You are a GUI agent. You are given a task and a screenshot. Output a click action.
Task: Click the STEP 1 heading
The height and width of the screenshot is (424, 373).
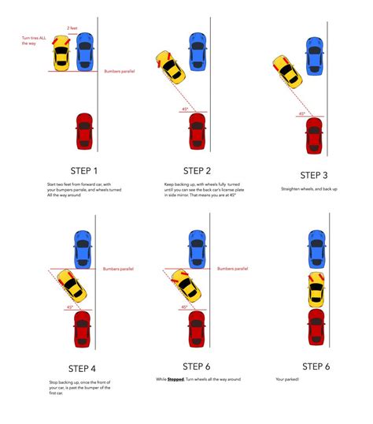click(85, 170)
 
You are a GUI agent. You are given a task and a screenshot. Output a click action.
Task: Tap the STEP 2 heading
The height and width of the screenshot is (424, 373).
click(197, 170)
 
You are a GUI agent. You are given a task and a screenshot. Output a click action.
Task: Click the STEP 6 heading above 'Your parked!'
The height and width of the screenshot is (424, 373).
click(316, 366)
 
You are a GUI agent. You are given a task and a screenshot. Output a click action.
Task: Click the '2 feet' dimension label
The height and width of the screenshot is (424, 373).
click(73, 29)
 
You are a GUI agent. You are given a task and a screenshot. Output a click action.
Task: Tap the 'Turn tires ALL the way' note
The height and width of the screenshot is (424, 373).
click(34, 40)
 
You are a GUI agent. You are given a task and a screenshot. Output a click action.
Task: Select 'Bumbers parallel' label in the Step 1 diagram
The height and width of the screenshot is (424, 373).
click(120, 71)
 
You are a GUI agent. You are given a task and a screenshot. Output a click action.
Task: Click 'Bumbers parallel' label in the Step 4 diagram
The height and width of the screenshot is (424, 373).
click(118, 269)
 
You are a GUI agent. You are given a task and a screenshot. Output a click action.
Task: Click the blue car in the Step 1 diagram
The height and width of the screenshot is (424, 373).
click(84, 51)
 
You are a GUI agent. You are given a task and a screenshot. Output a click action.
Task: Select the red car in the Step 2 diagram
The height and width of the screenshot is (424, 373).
click(197, 131)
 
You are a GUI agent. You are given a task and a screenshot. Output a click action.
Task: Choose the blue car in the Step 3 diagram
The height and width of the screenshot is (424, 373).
click(314, 55)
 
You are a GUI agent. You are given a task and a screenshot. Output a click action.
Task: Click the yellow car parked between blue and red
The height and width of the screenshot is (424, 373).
click(316, 289)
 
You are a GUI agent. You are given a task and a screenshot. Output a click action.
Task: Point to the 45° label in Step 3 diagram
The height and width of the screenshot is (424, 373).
click(301, 113)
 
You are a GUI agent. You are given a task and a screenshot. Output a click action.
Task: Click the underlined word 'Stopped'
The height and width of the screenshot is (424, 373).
click(175, 380)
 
